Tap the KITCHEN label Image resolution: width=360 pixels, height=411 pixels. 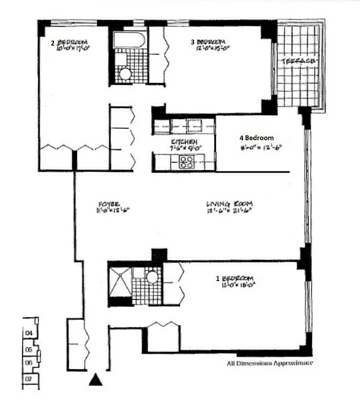[x=182, y=142]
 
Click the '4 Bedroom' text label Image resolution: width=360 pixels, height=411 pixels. [x=257, y=138]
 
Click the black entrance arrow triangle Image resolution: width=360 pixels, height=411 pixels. [x=95, y=380]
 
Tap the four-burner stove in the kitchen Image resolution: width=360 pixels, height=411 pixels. [x=187, y=162]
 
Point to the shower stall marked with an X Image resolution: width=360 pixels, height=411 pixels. [x=119, y=281]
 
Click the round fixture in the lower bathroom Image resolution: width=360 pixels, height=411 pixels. [x=151, y=277]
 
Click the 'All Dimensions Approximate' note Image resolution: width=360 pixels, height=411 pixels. [x=270, y=363]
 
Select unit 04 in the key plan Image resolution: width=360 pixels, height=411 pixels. [x=29, y=333]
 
